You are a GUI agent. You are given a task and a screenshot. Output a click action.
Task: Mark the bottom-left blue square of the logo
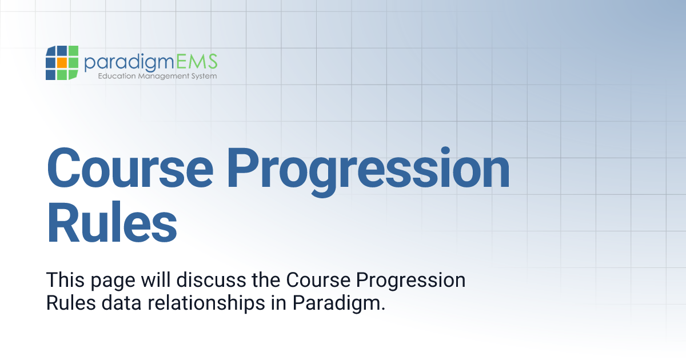point(51,74)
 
